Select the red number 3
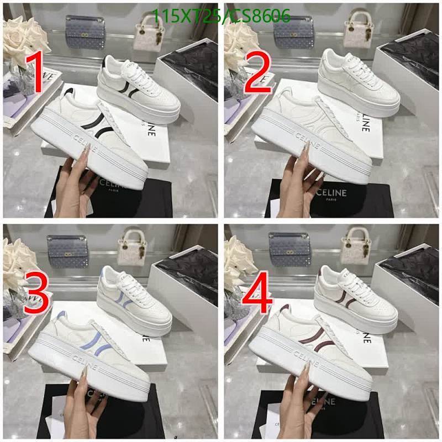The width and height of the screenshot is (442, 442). click(36, 296)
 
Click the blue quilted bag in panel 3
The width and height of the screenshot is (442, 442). click(68, 252)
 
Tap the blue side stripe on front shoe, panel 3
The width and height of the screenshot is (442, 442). click(91, 343)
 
